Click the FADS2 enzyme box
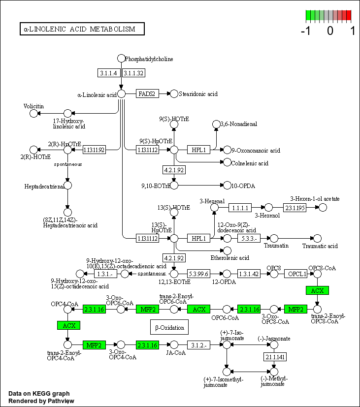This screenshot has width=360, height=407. (x=148, y=94)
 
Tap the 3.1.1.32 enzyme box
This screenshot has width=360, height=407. (x=133, y=73)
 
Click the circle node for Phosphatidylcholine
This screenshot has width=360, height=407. (x=121, y=59)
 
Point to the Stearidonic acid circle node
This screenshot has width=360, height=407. (x=174, y=94)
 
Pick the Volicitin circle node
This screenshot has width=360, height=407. (x=33, y=114)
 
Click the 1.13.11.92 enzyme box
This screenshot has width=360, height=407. (x=95, y=150)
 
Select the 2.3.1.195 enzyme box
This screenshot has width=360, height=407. (x=295, y=208)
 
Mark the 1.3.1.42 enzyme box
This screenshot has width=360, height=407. (x=249, y=273)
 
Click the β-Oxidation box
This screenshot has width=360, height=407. (x=169, y=327)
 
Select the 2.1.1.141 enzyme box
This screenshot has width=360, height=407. (x=274, y=357)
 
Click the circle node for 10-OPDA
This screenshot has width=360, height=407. (x=227, y=186)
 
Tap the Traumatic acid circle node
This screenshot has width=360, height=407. (x=318, y=238)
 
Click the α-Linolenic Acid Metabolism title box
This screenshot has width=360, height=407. (x=82, y=29)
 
